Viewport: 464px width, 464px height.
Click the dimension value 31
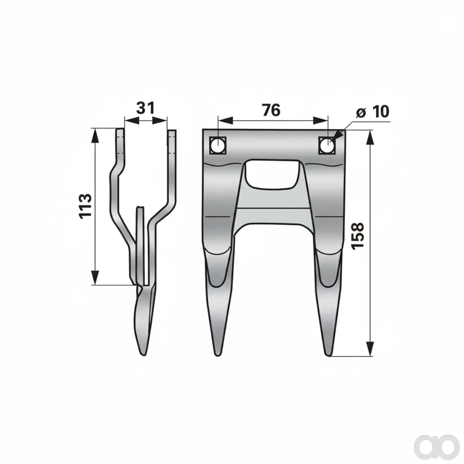coord(145,108)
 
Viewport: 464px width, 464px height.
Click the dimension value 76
coord(271,110)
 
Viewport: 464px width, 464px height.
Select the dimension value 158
coord(357,236)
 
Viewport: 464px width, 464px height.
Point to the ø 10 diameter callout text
coord(372,112)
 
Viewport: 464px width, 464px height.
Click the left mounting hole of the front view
coord(218,145)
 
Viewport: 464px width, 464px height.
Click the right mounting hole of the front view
coord(327,145)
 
